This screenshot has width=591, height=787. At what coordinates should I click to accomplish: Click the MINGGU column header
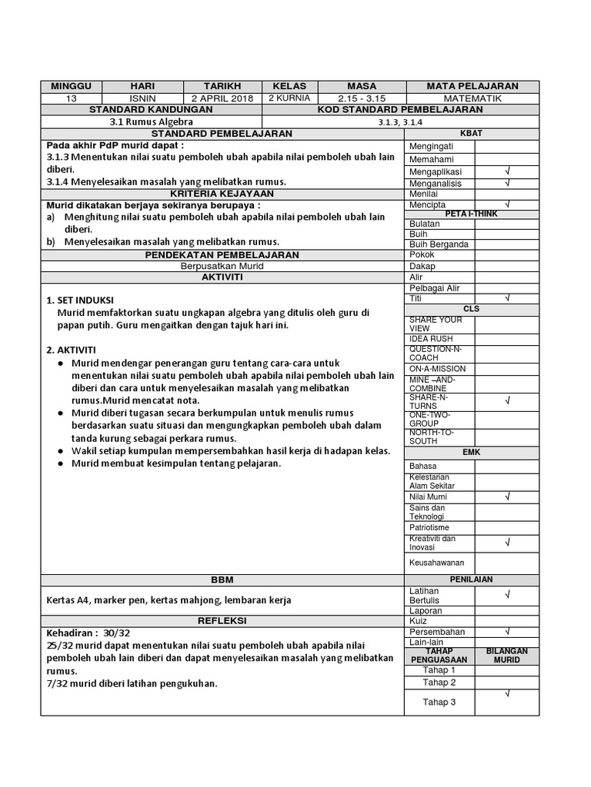tap(71, 86)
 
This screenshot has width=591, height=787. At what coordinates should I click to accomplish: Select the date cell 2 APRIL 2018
tap(222, 98)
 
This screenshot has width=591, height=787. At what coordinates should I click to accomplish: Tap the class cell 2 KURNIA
tap(289, 98)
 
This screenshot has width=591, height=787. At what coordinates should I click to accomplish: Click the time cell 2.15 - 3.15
tap(361, 98)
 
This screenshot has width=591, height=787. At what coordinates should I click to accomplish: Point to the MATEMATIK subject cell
tap(472, 98)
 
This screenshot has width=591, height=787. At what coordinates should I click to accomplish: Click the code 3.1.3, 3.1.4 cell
tap(400, 121)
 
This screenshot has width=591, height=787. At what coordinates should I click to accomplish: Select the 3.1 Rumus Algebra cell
tap(151, 121)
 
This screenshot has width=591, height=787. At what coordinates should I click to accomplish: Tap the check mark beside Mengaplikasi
tap(507, 171)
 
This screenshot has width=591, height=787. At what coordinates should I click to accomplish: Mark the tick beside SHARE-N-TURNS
tap(507, 400)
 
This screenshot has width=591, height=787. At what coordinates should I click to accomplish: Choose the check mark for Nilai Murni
tap(507, 497)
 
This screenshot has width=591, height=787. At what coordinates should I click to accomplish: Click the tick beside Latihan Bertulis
tap(507, 594)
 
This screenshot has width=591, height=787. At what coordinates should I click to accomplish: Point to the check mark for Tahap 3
tap(507, 695)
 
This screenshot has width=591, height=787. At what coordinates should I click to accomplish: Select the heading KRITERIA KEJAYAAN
tap(222, 194)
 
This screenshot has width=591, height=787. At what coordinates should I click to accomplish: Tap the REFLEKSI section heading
tap(222, 619)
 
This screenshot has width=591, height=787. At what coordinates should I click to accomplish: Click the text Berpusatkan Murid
tap(222, 265)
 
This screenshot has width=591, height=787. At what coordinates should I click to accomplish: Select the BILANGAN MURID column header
tap(507, 656)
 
